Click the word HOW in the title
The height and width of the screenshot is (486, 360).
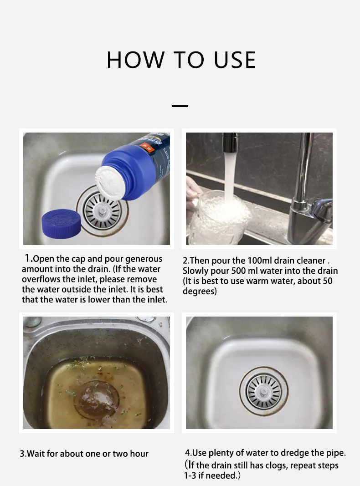pyautogui.click(x=135, y=60)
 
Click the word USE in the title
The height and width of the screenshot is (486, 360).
pyautogui.click(x=235, y=60)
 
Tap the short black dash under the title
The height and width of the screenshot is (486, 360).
pyautogui.click(x=180, y=106)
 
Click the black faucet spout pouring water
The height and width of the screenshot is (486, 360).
pyautogui.click(x=230, y=142)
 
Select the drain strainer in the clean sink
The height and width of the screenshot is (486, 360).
pyautogui.click(x=263, y=391)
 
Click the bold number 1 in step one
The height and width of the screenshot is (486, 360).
pyautogui.click(x=28, y=258)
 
